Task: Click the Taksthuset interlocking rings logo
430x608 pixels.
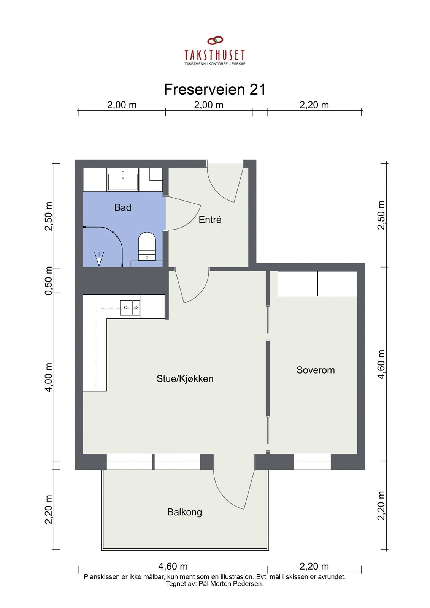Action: [215, 40]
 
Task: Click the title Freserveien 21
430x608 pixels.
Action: [214, 89]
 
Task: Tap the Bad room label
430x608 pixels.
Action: [123, 207]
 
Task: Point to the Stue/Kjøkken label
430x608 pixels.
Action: [185, 378]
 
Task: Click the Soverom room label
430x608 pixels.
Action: [316, 370]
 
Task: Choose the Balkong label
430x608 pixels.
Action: [185, 512]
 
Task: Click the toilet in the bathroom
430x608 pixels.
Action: [147, 247]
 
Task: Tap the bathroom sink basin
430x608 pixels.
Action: [123, 179]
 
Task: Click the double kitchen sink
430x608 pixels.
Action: [130, 308]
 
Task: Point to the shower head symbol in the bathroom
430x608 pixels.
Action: [99, 259]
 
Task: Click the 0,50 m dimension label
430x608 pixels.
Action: [49, 281]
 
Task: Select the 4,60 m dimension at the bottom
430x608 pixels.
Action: [173, 566]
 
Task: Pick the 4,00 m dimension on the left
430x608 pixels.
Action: [49, 378]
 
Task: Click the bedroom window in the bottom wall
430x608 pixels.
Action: [313, 462]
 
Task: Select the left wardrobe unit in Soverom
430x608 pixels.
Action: [297, 283]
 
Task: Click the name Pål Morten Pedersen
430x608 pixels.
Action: [230, 584]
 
